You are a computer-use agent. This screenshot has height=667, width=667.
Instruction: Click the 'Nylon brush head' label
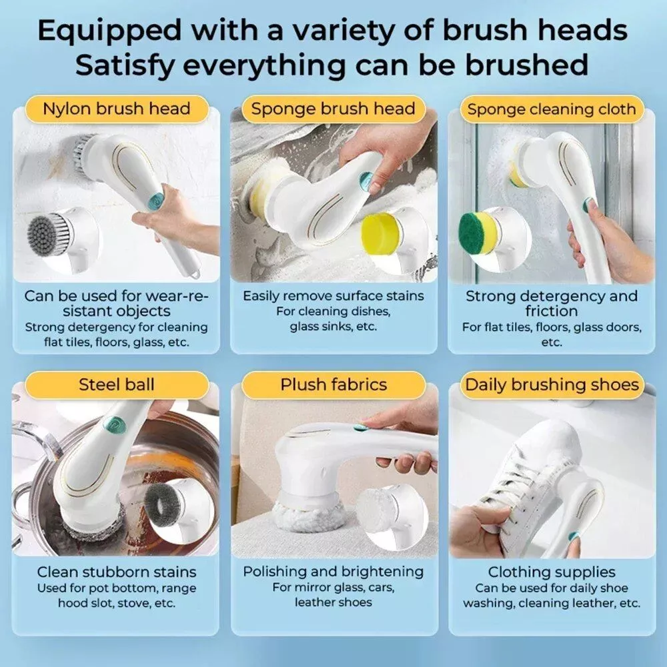pos(116,109)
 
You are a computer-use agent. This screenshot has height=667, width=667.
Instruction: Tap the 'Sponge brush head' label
pos(333,109)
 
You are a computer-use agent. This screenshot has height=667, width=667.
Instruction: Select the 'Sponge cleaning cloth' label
pos(552,109)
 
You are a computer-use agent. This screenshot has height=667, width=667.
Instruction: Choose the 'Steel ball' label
pos(116,385)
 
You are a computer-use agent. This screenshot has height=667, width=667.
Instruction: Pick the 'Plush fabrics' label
pos(333,385)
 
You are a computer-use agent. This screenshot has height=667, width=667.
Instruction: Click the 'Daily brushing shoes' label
pos(552,385)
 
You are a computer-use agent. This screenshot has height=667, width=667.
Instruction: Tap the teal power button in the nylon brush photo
pos(155,201)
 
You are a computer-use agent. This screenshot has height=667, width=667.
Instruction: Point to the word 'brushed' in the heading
pos(526,65)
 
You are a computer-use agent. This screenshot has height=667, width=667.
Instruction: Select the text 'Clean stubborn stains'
pos(117,572)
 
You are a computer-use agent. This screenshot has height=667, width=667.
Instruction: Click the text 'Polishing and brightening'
pos(333,572)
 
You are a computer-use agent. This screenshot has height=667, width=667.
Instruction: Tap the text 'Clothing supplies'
pos(552,572)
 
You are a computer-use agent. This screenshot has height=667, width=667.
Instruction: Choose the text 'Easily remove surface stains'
pos(333,296)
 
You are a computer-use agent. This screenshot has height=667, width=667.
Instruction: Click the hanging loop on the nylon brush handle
pos(195,272)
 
